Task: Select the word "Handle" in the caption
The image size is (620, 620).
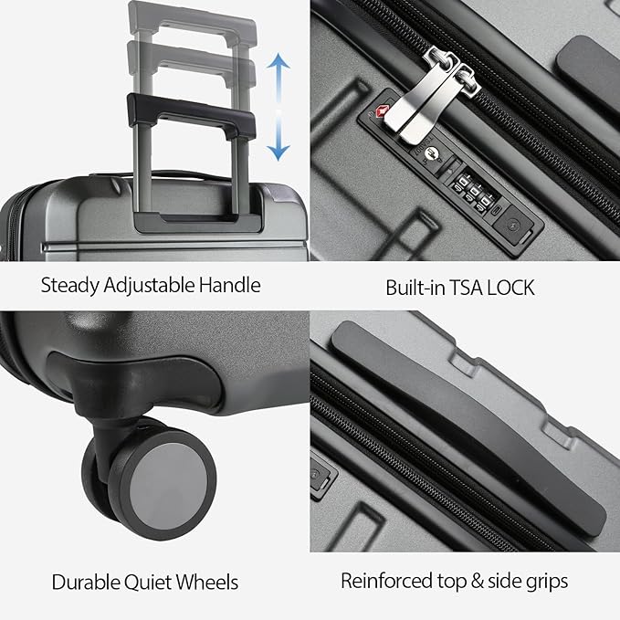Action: pos(228,285)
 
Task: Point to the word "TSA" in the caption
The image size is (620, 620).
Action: pos(469,288)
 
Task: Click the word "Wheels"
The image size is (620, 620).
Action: pos(208,582)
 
